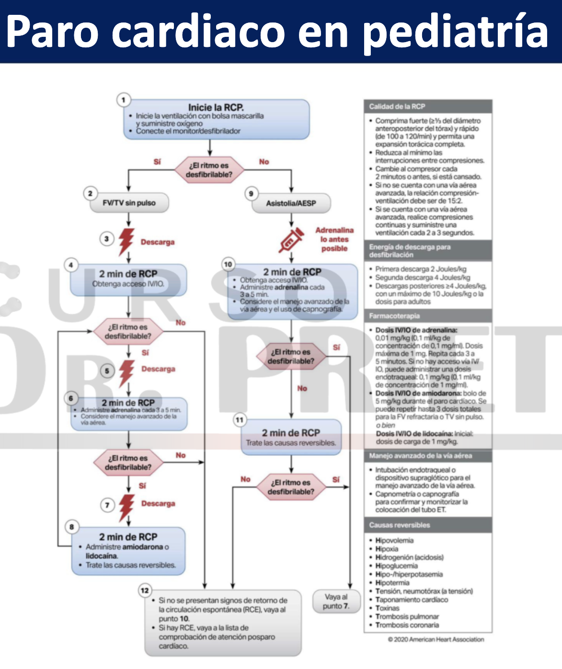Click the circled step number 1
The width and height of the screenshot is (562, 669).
[124, 100]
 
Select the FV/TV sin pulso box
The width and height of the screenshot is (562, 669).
[129, 203]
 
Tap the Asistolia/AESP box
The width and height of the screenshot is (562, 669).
[291, 203]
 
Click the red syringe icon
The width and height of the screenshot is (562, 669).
[291, 240]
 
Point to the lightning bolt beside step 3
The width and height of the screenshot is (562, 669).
[126, 241]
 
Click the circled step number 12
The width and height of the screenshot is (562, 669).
[145, 590]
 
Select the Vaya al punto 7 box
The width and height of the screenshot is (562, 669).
[336, 602]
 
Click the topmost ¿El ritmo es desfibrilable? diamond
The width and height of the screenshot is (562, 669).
[209, 170]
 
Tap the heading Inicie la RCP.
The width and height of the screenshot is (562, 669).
[216, 107]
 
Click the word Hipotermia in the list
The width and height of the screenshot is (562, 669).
[392, 583]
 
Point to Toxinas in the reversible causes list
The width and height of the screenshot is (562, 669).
[387, 608]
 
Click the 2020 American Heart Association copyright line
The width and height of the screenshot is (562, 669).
[436, 639]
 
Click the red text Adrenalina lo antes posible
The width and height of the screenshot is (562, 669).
[334, 239]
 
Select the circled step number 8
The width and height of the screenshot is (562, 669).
[72, 527]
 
